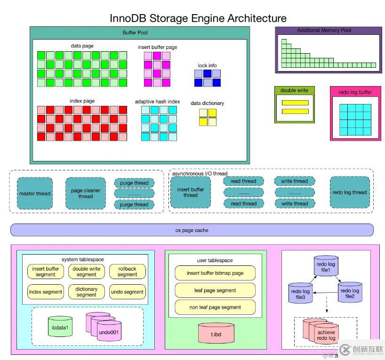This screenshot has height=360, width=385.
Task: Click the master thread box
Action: pyautogui.click(x=34, y=193)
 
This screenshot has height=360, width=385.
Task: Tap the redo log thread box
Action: pyautogui.click(x=349, y=192)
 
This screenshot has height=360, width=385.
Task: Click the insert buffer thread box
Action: pyautogui.click(x=190, y=192)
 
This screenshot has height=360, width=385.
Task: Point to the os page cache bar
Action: pyautogui.click(x=192, y=230)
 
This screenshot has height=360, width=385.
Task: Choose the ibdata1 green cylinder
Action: pyautogui.click(x=60, y=327)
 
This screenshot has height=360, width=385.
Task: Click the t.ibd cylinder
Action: pyautogui.click(x=216, y=333)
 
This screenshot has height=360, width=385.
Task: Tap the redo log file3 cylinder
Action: pyautogui.click(x=300, y=294)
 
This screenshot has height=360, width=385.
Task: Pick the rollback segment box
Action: pyautogui.click(x=127, y=272)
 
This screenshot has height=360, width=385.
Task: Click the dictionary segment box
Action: pyautogui.click(x=86, y=292)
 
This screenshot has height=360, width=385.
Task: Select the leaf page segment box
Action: pyautogui.click(x=215, y=290)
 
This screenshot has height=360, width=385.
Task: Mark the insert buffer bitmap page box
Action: pyautogui.click(x=215, y=273)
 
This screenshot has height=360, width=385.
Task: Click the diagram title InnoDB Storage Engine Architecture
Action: pyautogui.click(x=198, y=18)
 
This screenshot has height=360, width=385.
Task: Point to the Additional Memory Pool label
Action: pyautogui.click(x=324, y=31)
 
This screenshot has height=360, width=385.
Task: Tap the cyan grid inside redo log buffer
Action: pyautogui.click(x=355, y=120)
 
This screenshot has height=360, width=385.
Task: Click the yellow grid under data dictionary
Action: pyautogui.click(x=208, y=117)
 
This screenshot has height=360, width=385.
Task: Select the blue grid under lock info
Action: pyautogui.click(x=208, y=78)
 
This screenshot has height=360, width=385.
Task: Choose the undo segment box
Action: pyautogui.click(x=127, y=292)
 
